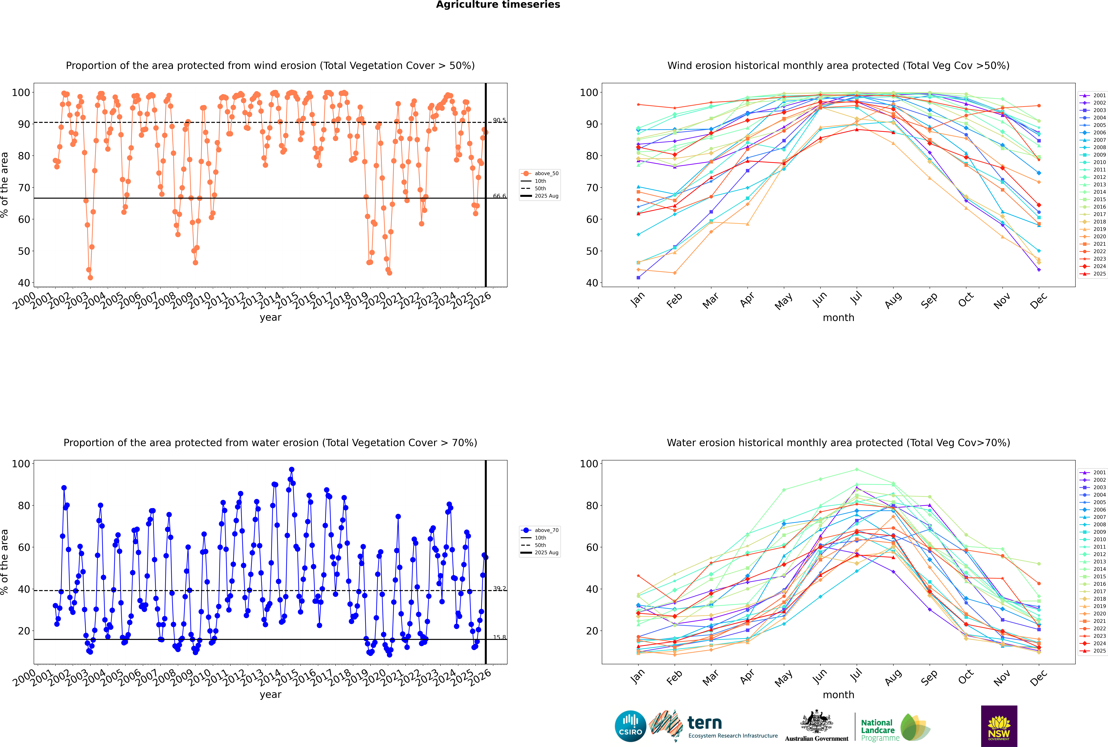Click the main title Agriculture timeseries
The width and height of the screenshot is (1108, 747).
[x=498, y=5]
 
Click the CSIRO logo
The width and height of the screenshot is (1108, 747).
[x=630, y=726]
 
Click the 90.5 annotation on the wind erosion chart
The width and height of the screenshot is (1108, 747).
[x=499, y=120]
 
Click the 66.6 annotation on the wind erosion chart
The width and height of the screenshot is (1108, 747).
[x=499, y=196]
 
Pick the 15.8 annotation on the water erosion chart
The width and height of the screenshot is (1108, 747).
[x=499, y=637]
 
